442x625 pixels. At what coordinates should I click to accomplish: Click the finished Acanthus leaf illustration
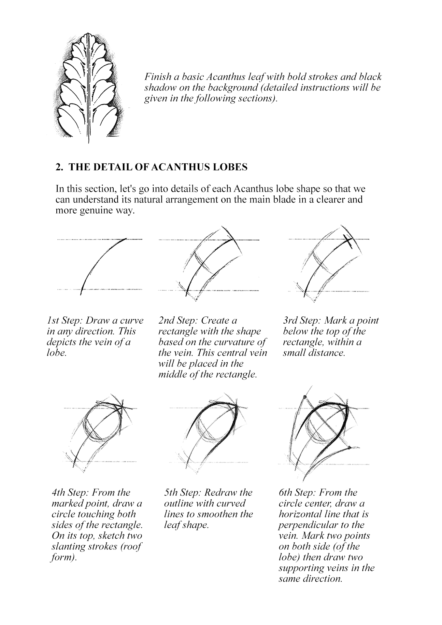(88, 88)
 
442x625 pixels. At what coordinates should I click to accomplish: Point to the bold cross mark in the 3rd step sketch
(348, 241)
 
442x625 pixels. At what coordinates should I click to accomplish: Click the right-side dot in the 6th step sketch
(349, 448)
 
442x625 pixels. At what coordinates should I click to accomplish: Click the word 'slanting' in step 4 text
(68, 546)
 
